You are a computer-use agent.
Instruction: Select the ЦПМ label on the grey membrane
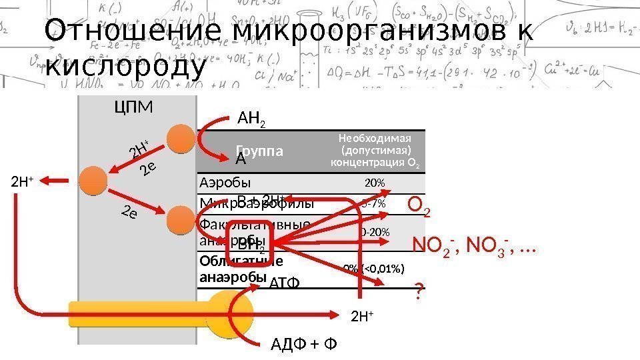[134, 107]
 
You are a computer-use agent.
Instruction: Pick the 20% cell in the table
[374, 183]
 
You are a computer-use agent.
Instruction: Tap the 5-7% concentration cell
[374, 203]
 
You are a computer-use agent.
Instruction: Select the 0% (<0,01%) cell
[374, 268]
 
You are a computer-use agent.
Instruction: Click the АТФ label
[285, 284]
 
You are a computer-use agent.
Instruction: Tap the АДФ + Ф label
[304, 344]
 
